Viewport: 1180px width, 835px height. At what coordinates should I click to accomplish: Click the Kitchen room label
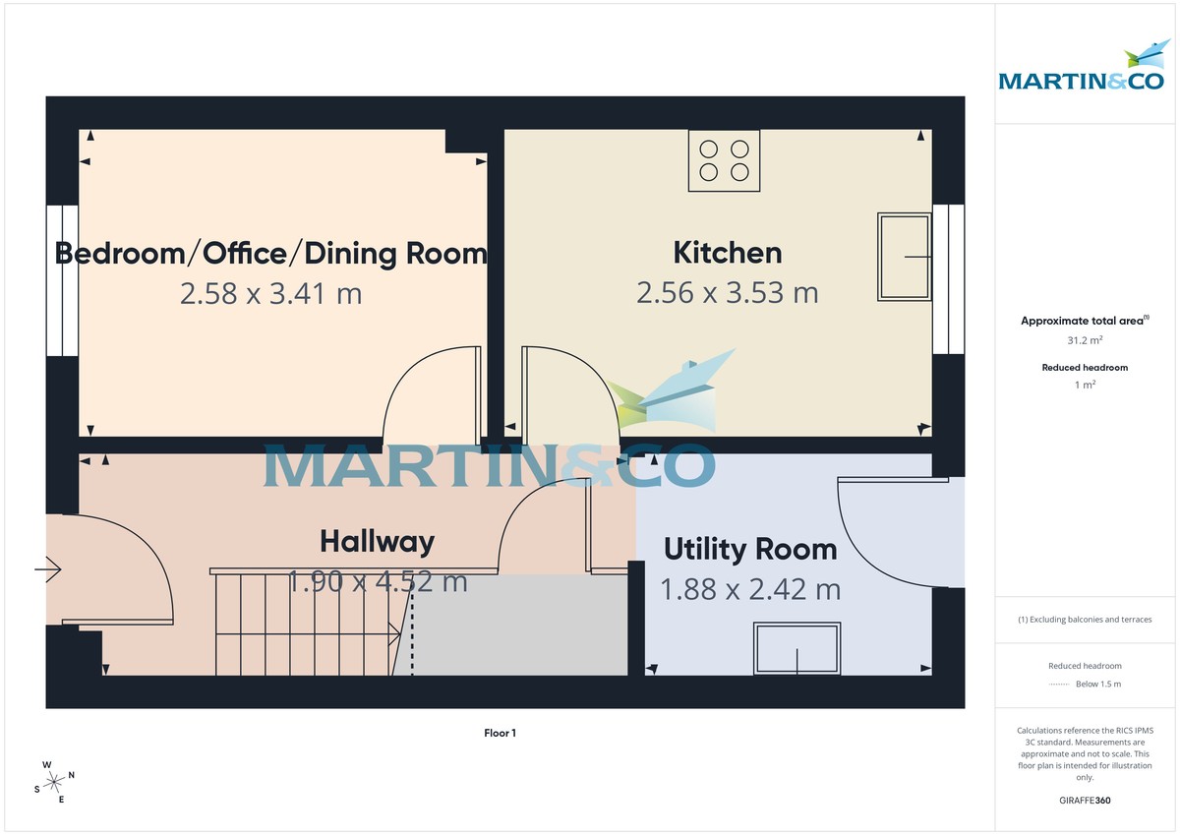click(x=727, y=253)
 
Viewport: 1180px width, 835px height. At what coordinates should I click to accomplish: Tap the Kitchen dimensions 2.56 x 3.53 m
click(x=727, y=293)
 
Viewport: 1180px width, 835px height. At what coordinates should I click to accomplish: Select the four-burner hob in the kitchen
click(x=724, y=161)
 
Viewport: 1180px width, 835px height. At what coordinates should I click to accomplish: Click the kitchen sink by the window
click(x=904, y=257)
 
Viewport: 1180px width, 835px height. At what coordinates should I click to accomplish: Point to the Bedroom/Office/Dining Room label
click(x=270, y=254)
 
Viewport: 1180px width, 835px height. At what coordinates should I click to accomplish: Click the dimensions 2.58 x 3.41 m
click(x=270, y=293)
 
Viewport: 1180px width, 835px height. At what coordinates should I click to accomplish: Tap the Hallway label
click(x=377, y=542)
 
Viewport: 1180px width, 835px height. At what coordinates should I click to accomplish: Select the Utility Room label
click(x=749, y=549)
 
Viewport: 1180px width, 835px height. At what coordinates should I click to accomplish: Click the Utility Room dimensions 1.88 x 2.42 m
click(x=749, y=590)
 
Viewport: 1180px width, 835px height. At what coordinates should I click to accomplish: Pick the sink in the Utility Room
click(x=796, y=648)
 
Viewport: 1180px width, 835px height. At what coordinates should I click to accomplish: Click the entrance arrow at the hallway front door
click(x=48, y=568)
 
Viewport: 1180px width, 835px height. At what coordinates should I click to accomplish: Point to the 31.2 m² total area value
click(x=1085, y=340)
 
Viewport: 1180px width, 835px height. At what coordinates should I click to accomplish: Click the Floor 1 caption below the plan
click(x=500, y=733)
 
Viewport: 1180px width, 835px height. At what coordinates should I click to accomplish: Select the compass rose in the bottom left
click(x=55, y=781)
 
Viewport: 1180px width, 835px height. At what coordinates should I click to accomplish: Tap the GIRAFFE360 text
click(x=1085, y=801)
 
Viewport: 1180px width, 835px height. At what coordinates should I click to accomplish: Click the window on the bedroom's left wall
click(x=61, y=280)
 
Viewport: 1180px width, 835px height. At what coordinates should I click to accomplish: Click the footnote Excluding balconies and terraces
click(x=1085, y=620)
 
